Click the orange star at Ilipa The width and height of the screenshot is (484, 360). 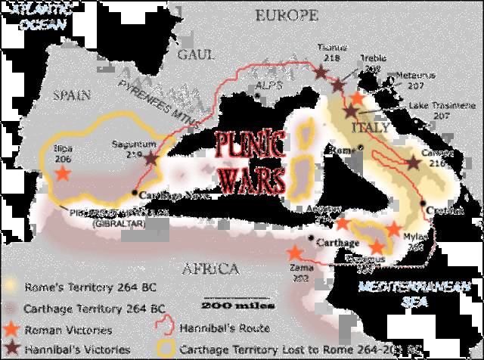pos(62,172)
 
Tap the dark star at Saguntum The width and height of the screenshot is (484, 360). pos(152,160)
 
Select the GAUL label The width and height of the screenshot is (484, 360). pos(197,54)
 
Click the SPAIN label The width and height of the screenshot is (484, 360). pos(72,95)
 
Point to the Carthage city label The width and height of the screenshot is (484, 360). pos(337,242)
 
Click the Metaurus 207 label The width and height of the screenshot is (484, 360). pos(415,80)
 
